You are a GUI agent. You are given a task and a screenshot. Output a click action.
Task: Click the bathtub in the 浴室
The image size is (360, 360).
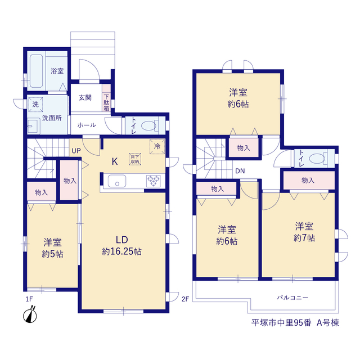tap(36, 71)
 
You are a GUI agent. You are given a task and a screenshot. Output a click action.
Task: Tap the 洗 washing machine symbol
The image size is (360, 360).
tap(35, 105)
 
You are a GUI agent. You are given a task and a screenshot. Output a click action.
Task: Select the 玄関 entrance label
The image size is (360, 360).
tap(85, 97)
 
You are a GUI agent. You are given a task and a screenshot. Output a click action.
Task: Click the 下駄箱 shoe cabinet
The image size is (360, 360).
tap(106, 98)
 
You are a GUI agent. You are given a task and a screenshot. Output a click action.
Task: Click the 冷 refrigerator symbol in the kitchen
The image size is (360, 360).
tap(157, 146)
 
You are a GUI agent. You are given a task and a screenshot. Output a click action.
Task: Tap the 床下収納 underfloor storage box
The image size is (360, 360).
tap(135, 159)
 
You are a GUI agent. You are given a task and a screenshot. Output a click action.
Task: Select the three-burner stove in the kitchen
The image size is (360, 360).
tap(154, 181)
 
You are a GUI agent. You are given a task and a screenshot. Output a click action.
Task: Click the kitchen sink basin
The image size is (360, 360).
tap(117, 181)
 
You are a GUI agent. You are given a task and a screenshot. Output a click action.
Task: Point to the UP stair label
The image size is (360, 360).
tap(76, 151)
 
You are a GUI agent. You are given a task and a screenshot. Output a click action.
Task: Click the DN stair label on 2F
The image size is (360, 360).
tap(240, 171)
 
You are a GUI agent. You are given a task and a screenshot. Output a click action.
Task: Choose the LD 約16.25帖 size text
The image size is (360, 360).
tap(121, 251)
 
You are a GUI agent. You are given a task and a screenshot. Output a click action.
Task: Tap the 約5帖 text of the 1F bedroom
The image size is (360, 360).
tap(52, 254)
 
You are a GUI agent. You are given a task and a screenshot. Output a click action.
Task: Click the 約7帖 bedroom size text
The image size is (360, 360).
tap(304, 237)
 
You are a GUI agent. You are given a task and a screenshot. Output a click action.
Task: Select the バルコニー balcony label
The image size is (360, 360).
tap(292, 298)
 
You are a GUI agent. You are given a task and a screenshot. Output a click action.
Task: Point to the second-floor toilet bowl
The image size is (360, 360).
tap(317, 159)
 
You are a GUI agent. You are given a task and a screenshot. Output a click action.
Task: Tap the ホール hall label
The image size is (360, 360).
tap(87, 125)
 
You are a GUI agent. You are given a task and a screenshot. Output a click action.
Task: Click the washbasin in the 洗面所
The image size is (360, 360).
tap(34, 126)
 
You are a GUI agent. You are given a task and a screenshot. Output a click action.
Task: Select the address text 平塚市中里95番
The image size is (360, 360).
tap(281, 323)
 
